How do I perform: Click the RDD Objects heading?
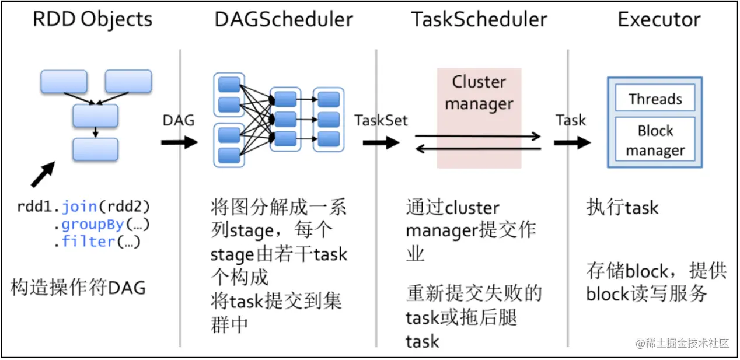[92, 19]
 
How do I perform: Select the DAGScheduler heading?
[284, 19]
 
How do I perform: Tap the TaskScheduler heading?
[479, 19]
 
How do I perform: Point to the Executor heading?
[659, 19]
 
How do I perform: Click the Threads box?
[655, 99]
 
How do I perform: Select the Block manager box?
[655, 140]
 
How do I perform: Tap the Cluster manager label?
[479, 93]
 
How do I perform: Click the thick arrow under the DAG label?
[179, 143]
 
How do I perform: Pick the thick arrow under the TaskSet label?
[381, 143]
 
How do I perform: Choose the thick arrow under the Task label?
[573, 143]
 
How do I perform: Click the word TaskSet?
[381, 120]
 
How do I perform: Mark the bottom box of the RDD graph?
[95, 149]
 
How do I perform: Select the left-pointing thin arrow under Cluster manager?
[478, 149]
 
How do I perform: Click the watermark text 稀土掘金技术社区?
[682, 342]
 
